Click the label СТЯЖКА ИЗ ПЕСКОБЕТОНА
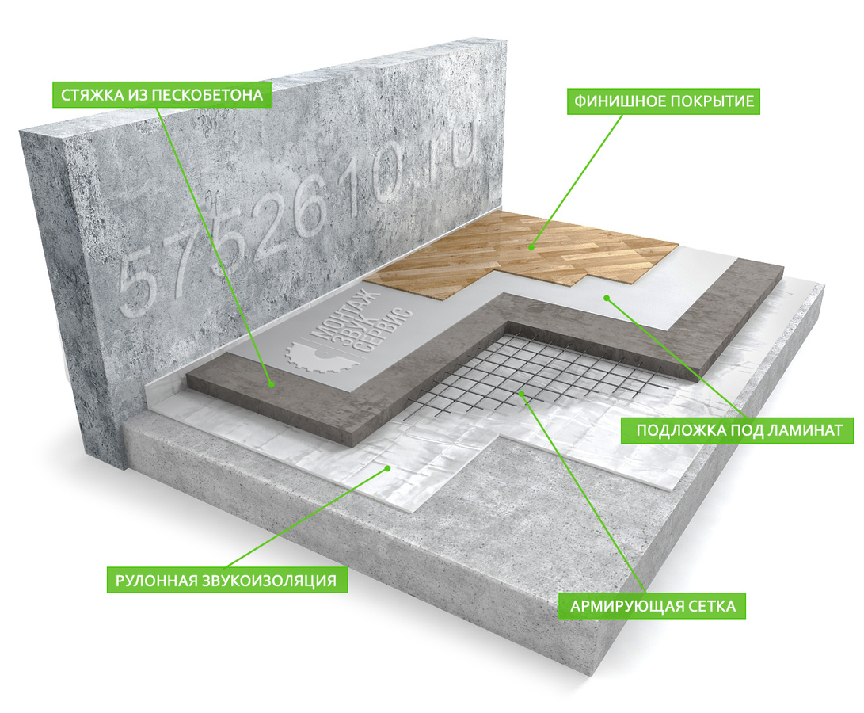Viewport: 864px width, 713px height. coord(162,95)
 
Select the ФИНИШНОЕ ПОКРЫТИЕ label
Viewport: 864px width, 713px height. coord(664,101)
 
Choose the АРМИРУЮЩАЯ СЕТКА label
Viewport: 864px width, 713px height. coord(653,607)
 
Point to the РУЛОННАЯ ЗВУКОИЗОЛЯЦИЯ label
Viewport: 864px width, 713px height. coord(226,581)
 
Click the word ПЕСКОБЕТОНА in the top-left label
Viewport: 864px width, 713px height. coord(207,95)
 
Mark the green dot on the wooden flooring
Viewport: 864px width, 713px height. coord(531,248)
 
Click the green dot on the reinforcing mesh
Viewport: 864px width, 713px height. coord(521,393)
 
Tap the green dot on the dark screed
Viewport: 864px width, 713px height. coord(271,384)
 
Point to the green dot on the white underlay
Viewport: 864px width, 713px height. coord(606,299)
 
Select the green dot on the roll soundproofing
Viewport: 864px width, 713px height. coord(387,468)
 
